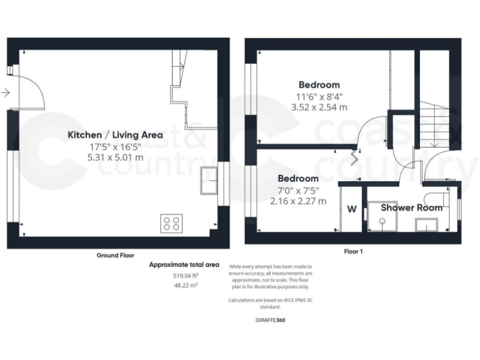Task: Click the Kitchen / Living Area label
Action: tap(115, 134)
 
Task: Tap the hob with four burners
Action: tap(171, 223)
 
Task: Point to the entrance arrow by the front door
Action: tap(6, 93)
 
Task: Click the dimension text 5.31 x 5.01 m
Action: tap(115, 157)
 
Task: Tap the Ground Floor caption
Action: tap(115, 255)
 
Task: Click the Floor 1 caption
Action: tap(353, 251)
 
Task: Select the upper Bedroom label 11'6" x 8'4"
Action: tap(319, 96)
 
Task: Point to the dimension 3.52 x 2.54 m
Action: tap(319, 107)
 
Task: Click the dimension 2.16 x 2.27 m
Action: tap(298, 201)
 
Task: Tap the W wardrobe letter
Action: tap(352, 209)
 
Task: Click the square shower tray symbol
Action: tap(381, 215)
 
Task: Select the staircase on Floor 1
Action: tap(431, 125)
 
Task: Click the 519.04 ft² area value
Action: tap(185, 276)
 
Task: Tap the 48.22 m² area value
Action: tap(185, 284)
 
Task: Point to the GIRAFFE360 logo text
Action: tap(271, 320)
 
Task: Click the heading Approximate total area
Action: tap(184, 265)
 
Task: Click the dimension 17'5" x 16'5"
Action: tap(115, 146)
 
